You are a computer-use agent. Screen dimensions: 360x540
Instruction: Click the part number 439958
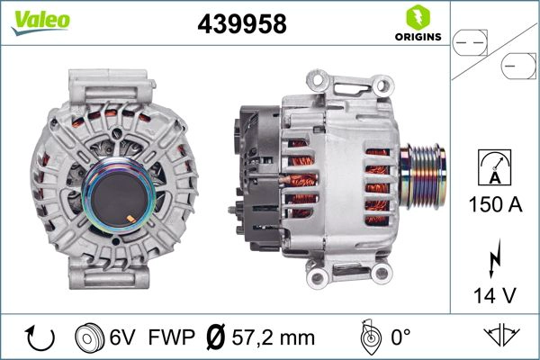point(241,24)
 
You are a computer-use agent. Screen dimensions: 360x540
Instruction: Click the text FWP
point(171,337)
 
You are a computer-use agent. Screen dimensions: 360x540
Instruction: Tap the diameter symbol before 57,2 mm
point(216,337)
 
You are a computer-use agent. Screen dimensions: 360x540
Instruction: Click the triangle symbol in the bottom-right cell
point(503,336)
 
